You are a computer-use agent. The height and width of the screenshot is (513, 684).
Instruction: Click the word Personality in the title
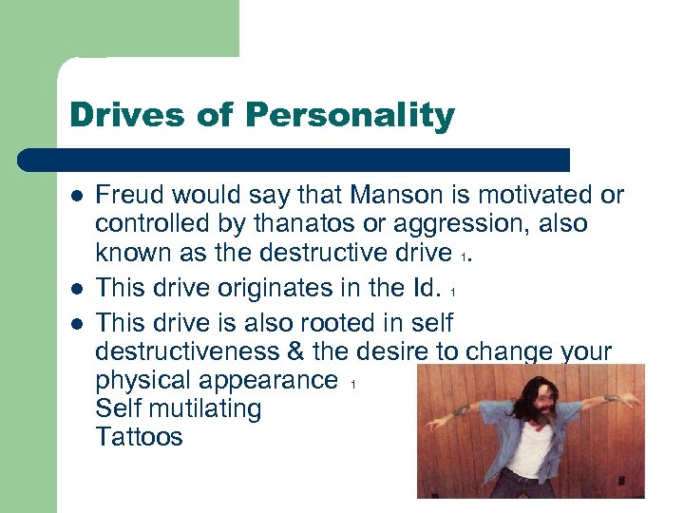click(x=350, y=116)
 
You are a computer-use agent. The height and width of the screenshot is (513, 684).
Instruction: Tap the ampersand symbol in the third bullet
click(x=294, y=351)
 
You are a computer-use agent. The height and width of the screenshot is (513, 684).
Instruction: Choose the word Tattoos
click(x=139, y=437)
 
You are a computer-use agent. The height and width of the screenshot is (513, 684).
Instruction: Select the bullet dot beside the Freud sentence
click(x=74, y=197)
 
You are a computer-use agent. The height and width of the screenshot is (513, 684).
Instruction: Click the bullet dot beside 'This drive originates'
click(x=74, y=288)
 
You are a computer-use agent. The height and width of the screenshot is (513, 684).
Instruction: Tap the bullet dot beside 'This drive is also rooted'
click(x=74, y=322)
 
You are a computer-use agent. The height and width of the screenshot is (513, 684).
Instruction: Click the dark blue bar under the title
click(x=294, y=160)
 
